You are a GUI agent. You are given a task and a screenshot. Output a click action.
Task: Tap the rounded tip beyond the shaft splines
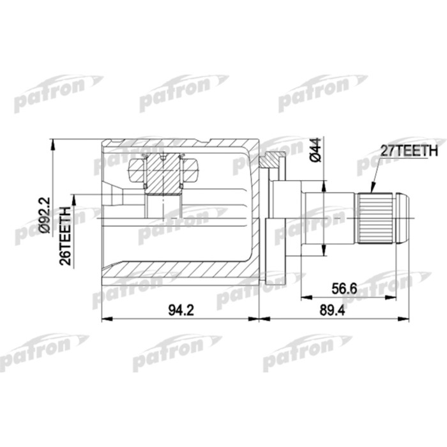(x=402, y=217)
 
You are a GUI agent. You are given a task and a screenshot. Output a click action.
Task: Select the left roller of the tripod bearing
(x=139, y=169)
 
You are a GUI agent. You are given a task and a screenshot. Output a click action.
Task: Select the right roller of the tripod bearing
(x=190, y=169)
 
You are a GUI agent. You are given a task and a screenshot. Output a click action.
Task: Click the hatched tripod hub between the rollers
(x=164, y=176)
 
